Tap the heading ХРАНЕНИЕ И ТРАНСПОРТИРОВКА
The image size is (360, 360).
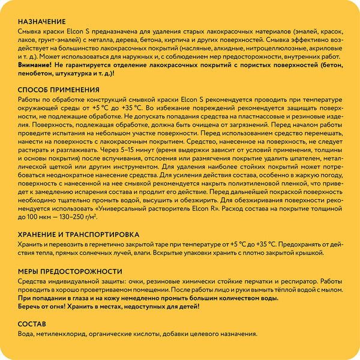[x=78, y=233]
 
